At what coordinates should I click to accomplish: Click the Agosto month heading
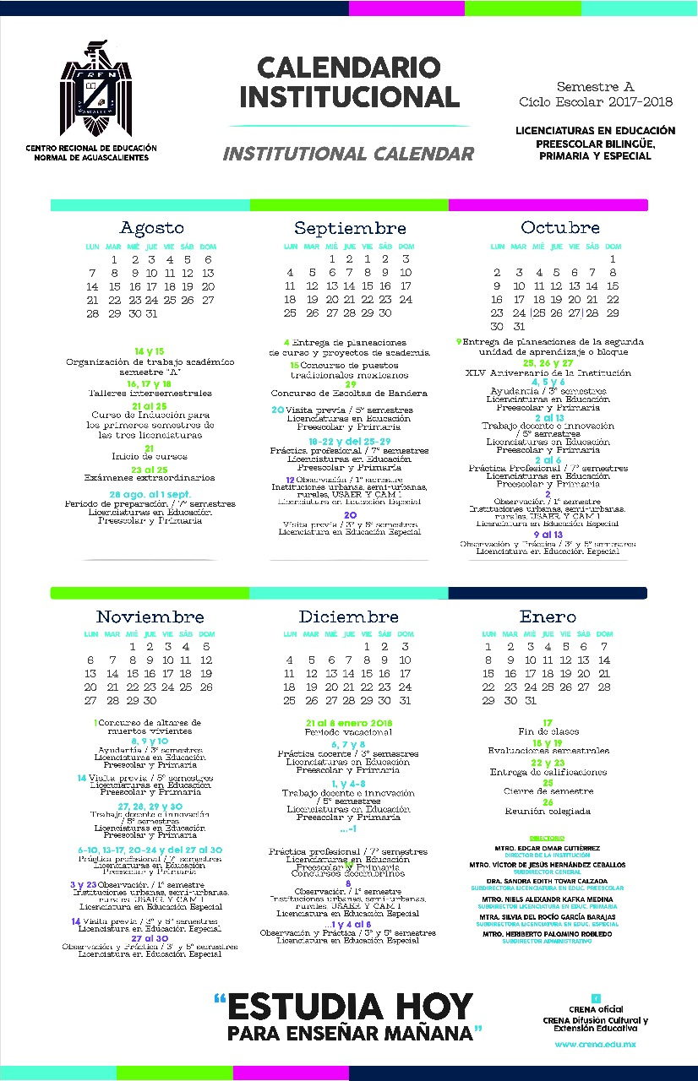tap(152, 228)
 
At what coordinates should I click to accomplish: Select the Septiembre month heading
tap(350, 228)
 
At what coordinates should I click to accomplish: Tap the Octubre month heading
tap(560, 228)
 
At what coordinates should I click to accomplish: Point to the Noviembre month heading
tap(150, 617)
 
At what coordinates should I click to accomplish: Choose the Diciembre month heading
tap(349, 617)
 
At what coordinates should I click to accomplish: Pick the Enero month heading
tap(548, 617)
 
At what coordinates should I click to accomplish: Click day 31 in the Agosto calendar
tap(151, 313)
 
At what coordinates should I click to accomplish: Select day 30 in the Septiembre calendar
tap(385, 312)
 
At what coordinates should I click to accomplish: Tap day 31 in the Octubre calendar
tap(519, 326)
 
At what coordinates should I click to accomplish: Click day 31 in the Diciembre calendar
tap(405, 700)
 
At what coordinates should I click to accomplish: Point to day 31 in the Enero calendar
tap(531, 700)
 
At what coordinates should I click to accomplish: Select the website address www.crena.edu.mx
tap(595, 1045)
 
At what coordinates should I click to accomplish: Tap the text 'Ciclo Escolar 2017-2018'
tap(596, 102)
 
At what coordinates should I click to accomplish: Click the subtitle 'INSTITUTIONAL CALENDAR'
tap(348, 154)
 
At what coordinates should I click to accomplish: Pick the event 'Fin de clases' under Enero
tap(548, 731)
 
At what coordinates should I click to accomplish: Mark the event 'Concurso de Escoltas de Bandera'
tap(349, 393)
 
